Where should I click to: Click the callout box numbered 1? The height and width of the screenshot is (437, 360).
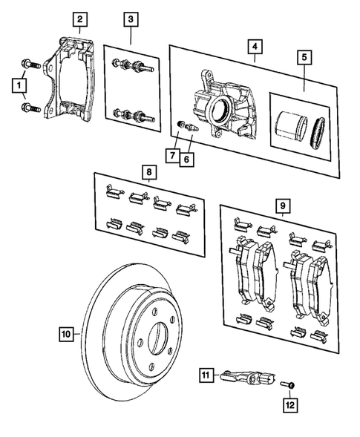[x=16, y=87]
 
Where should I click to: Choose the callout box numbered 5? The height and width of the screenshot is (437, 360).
[x=304, y=56]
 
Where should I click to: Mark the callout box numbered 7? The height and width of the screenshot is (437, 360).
[x=171, y=156]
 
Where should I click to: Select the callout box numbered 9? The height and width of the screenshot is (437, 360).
[x=282, y=203]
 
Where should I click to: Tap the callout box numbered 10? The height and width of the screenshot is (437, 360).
[x=66, y=334]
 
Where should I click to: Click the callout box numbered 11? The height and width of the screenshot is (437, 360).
[x=206, y=376]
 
